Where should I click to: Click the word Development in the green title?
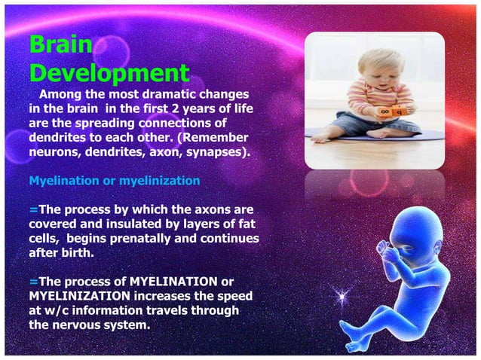click(109, 73)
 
